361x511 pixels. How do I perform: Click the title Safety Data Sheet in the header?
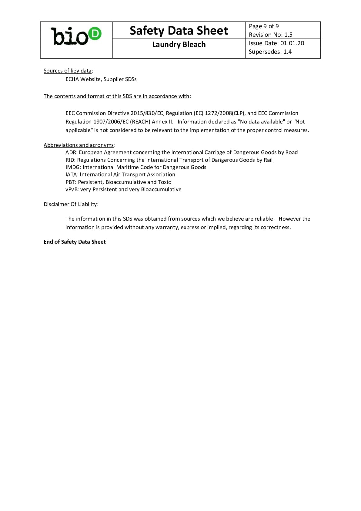179,31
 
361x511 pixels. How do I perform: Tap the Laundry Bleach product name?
179,45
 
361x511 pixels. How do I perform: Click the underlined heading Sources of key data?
67,71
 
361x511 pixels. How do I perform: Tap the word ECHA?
72,79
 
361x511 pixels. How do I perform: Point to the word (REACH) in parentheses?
140,122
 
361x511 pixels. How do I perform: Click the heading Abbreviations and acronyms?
79,145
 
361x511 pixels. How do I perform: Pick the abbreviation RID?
70,160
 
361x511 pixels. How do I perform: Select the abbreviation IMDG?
73,167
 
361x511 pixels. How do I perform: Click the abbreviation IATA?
72,174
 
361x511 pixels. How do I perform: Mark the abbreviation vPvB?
72,189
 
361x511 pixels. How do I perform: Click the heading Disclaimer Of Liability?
70,204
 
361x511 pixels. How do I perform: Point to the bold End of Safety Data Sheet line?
75,242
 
